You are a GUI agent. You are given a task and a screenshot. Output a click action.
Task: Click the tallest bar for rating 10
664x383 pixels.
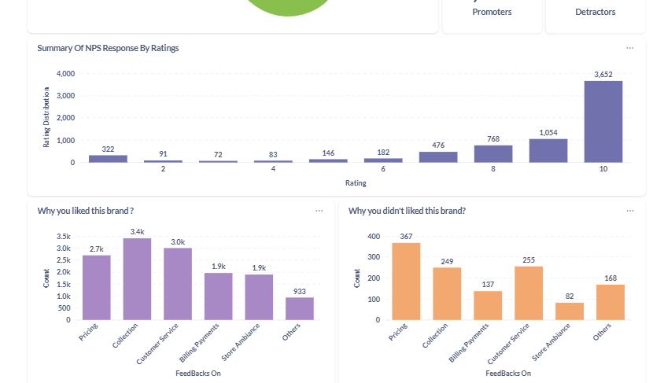point(603,122)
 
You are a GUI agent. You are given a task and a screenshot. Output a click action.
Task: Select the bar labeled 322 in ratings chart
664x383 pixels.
point(108,158)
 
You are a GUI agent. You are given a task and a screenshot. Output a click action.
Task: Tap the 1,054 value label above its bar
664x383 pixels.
point(548,132)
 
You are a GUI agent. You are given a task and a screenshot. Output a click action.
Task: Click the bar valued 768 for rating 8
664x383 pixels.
point(493,153)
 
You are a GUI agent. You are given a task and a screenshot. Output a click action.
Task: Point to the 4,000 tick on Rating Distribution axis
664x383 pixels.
point(65,73)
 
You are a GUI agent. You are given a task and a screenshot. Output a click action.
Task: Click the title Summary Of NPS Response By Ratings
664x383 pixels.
point(108,48)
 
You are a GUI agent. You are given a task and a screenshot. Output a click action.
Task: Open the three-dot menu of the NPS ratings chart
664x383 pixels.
point(629,48)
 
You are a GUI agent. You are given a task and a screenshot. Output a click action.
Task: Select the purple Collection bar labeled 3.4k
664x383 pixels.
point(137,279)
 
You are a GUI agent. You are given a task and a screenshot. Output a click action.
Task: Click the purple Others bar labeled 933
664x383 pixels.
point(299,308)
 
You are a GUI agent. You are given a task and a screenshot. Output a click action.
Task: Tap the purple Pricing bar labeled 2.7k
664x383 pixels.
point(96,287)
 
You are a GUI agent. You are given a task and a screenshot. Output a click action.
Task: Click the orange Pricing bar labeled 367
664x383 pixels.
point(406,281)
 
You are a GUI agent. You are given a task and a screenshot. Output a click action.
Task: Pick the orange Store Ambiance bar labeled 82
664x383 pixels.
point(570,311)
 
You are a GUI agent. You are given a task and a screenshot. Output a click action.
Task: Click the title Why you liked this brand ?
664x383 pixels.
point(85,211)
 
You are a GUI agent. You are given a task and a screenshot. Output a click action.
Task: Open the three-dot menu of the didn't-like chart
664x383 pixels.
point(629,211)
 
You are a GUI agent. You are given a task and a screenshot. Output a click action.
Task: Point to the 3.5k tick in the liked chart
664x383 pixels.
point(64,236)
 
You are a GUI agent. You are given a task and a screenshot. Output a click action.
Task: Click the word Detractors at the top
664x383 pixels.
point(595,12)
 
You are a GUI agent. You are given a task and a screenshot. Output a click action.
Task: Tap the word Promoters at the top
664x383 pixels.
point(492,12)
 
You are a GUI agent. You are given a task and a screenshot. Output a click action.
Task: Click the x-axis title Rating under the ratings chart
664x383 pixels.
point(356,183)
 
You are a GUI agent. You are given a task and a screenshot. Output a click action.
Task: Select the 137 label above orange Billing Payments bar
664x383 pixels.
point(488,284)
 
